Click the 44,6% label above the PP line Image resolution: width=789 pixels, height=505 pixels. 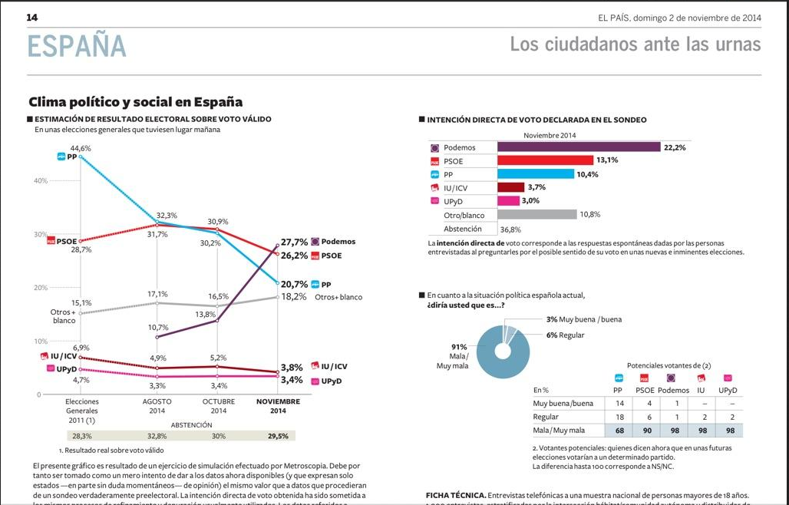[81, 148]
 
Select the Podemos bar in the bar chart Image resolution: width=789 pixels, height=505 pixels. [578, 147]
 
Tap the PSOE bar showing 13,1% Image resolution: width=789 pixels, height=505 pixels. [546, 160]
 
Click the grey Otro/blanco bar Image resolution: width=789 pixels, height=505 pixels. [536, 215]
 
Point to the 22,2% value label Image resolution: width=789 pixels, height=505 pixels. [675, 147]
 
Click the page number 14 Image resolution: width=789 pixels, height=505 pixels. [32, 17]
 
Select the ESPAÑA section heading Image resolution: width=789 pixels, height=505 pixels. [77, 45]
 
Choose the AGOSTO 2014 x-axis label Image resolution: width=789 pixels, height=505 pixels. [157, 406]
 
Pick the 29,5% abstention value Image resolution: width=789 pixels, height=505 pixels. [277, 436]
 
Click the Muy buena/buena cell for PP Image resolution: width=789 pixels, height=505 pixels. [619, 403]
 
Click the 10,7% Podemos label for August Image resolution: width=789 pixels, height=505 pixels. [157, 328]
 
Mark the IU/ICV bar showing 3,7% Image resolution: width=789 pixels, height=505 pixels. [510, 187]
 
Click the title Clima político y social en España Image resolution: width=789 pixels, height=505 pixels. [135, 102]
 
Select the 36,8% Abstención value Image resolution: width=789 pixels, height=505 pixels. [510, 229]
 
